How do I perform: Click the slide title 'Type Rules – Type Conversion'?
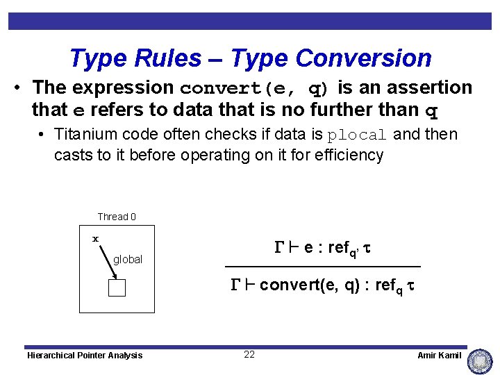[250, 58]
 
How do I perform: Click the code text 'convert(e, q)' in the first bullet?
[255, 89]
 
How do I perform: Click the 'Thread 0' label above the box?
[117, 217]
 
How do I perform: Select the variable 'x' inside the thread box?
[96, 239]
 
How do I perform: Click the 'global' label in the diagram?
[128, 259]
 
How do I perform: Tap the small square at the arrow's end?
[117, 287]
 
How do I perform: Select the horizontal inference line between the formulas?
[323, 267]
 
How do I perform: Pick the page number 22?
[249, 354]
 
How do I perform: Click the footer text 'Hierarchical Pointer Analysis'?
[85, 356]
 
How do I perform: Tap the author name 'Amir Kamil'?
[439, 356]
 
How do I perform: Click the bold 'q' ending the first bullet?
[431, 110]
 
